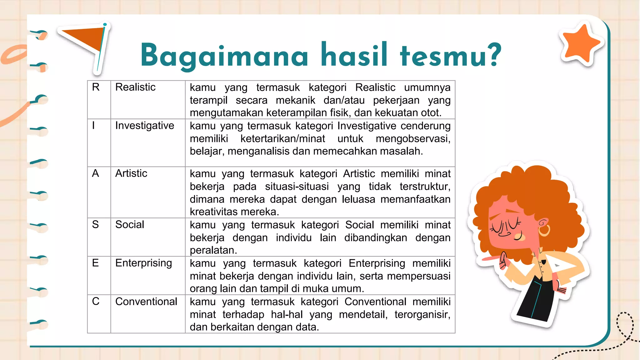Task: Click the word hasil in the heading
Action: point(354,55)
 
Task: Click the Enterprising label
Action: point(143,263)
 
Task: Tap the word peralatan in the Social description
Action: point(213,250)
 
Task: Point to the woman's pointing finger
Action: point(489,259)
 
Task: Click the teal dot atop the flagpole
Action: point(105,24)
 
